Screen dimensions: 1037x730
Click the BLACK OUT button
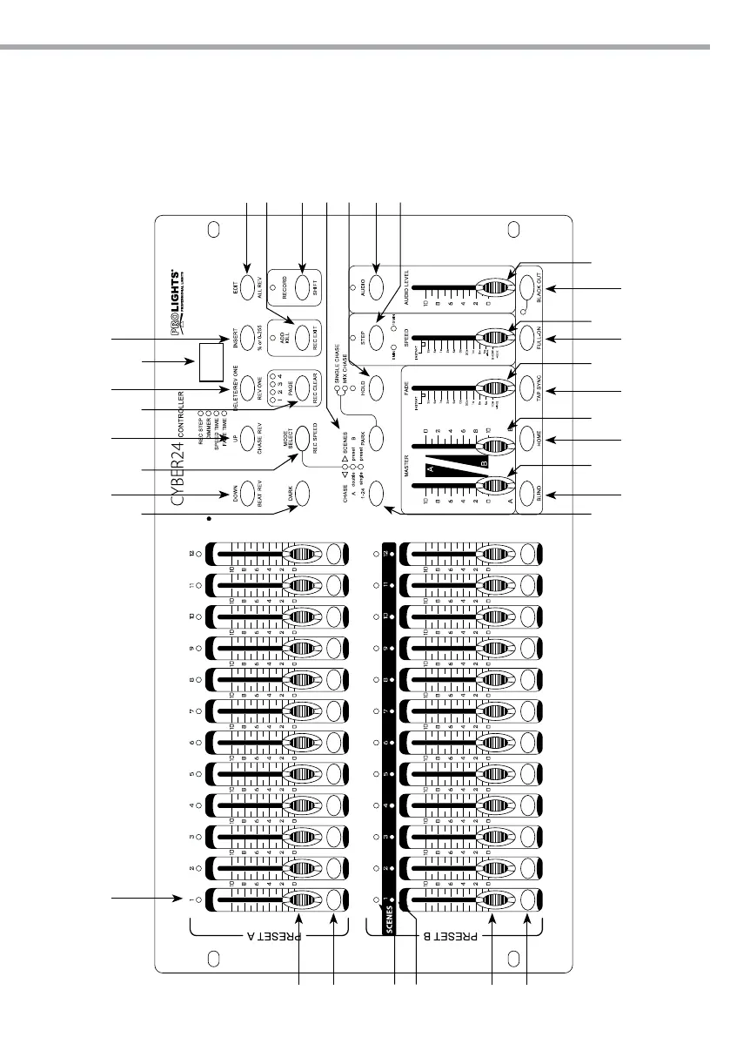(531, 287)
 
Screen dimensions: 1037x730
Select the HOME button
(531, 440)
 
